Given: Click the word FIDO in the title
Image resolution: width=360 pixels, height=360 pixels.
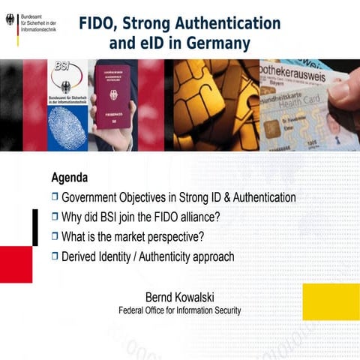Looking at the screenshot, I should coord(98,23).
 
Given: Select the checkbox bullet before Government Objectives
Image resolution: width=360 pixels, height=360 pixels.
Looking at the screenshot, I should coord(55,197).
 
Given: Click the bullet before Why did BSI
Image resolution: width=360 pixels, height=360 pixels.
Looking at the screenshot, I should coord(55,217).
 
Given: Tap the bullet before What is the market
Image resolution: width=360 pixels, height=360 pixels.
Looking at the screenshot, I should coord(55,237).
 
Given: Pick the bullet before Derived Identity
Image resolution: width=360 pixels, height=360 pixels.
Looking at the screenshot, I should coord(55,256).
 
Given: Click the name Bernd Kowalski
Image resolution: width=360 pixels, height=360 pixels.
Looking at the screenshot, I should coord(179,296).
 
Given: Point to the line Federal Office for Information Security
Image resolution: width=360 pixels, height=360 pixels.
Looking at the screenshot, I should coord(179,310).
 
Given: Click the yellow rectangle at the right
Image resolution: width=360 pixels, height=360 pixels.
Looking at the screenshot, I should coord(330,301).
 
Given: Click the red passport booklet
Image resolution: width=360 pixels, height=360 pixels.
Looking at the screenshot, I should coord(113,97).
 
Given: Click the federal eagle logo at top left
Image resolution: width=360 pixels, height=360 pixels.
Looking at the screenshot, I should coord(10,20).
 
